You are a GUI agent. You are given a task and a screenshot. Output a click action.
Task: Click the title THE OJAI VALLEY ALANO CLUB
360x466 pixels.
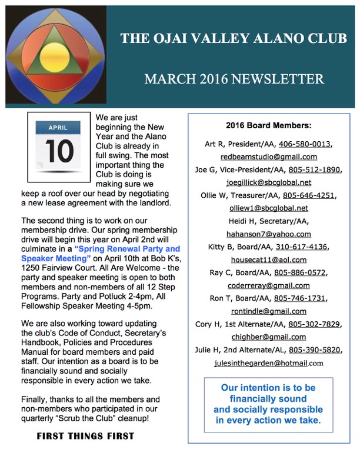click(234, 39)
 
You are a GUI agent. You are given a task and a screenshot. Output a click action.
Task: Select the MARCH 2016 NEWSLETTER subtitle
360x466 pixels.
click(234, 79)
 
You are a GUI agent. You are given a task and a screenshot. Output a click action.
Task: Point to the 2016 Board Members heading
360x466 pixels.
click(268, 125)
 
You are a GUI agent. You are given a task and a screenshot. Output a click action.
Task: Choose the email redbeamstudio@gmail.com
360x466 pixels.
click(269, 157)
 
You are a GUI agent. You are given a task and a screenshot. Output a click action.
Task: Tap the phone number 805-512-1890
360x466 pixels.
click(315, 169)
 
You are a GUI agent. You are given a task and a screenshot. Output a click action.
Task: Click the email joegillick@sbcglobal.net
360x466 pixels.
click(268, 182)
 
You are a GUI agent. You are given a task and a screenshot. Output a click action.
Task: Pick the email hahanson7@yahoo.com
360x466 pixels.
click(268, 234)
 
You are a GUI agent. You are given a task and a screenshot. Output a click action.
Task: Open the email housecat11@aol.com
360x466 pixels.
click(268, 259)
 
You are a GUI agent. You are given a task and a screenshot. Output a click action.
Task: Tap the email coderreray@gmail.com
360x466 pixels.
click(268, 285)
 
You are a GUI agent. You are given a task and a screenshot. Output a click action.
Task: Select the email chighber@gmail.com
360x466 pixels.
click(268, 337)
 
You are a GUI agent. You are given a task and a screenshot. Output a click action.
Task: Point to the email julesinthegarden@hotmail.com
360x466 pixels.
click(268, 363)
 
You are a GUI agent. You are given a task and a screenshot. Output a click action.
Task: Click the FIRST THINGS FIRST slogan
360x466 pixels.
click(85, 436)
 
